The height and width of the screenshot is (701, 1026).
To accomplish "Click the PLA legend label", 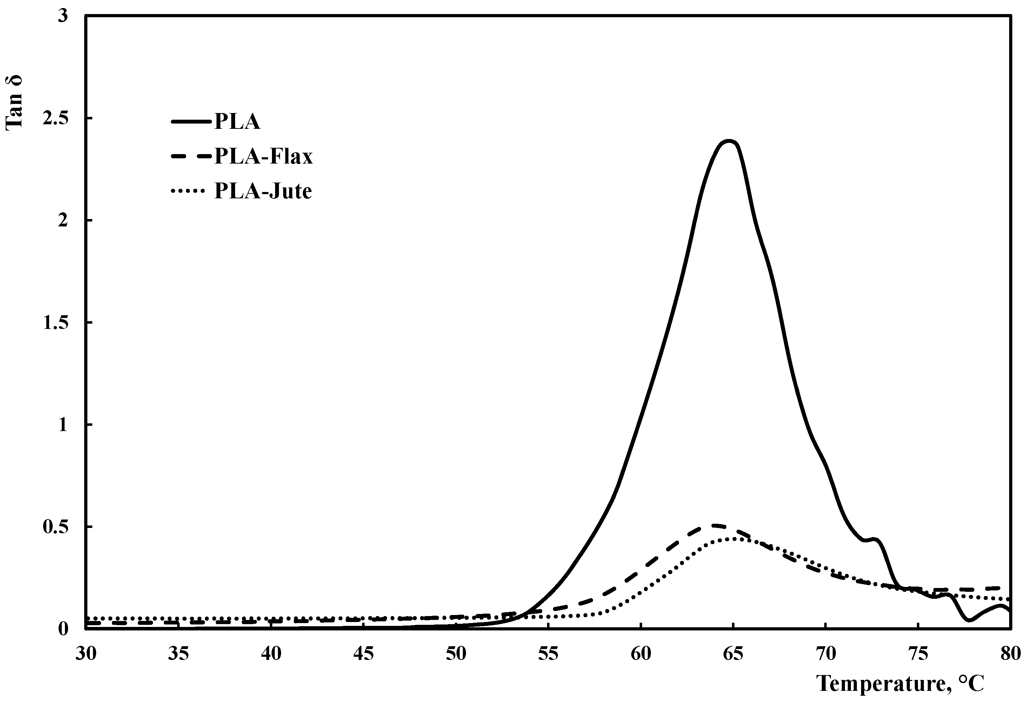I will pyautogui.click(x=237, y=121).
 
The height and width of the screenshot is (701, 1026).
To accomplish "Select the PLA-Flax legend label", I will pyautogui.click(x=264, y=156).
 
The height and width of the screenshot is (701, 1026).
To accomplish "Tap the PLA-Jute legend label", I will pyautogui.click(x=263, y=191).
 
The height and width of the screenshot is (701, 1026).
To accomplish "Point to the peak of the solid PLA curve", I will pyautogui.click(x=729, y=142).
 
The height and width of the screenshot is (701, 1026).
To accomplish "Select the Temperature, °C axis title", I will pyautogui.click(x=901, y=683).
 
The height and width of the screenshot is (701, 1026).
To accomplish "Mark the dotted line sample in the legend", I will pyautogui.click(x=188, y=191).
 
